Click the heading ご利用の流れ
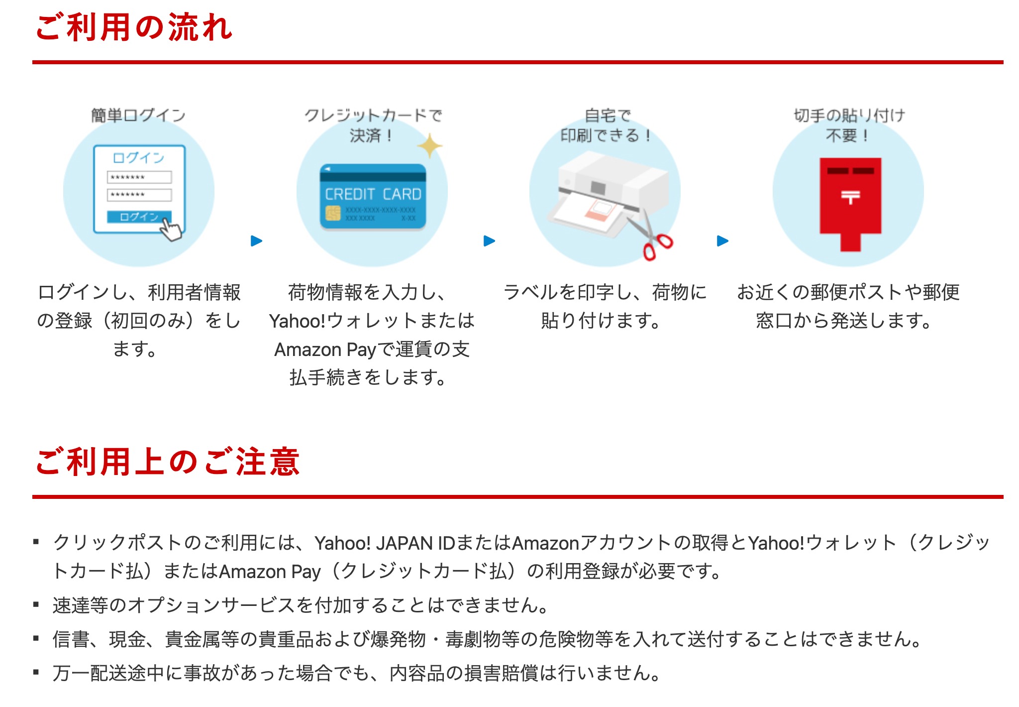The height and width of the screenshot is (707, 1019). coord(134,27)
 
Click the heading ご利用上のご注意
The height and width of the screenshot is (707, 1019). coord(168,462)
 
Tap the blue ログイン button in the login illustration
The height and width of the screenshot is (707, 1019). coord(139,217)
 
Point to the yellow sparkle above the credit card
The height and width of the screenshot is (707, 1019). coord(429,146)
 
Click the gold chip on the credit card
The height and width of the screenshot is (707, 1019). coord(332,213)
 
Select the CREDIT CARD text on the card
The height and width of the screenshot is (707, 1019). coord(373,194)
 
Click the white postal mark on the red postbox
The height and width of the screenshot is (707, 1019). coord(850,197)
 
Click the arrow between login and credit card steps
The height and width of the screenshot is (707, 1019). coord(256,241)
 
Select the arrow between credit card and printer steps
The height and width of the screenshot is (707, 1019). coord(489,241)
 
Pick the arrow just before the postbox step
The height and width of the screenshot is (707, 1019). coord(722,241)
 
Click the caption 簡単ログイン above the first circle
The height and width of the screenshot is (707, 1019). coord(138,116)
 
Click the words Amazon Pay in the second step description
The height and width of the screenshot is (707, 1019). coord(325,350)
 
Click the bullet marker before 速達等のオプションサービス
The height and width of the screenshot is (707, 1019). coord(36,605)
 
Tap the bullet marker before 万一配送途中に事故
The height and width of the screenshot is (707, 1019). coord(36,673)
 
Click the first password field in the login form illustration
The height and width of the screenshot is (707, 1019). coord(139,177)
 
